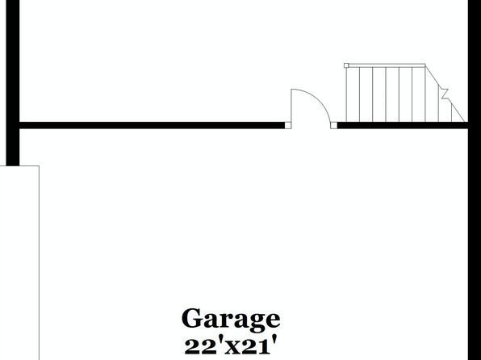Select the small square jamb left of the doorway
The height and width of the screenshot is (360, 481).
288,125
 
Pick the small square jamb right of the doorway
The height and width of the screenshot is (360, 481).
334,125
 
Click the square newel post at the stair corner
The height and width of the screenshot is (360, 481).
346,65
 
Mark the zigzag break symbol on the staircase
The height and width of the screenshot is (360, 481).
444,94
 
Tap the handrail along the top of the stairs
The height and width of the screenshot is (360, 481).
387,65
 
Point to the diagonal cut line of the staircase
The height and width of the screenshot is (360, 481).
446,93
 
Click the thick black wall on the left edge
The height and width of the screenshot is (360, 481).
13,83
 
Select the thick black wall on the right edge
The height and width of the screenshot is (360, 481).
475,180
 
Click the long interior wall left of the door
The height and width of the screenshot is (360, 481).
152,125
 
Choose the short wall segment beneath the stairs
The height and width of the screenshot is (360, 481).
403,125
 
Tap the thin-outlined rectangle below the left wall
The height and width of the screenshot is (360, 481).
19,262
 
